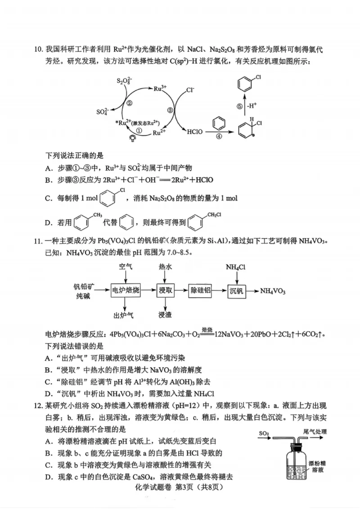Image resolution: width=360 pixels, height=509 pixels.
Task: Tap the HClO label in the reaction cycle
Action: click(x=195, y=132)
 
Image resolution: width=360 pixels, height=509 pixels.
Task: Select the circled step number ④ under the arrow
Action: click(x=219, y=137)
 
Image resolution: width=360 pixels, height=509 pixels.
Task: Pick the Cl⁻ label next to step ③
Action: click(x=190, y=90)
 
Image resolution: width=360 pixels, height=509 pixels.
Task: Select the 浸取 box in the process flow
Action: click(x=165, y=291)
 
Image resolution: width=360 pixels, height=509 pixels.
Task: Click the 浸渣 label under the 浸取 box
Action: click(x=165, y=315)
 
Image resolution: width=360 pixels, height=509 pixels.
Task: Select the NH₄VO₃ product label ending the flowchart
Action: click(x=273, y=291)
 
